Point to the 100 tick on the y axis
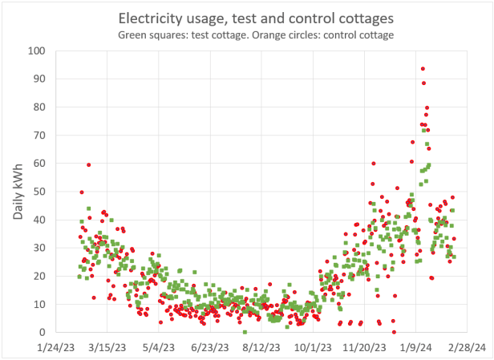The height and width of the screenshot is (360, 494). [36, 51]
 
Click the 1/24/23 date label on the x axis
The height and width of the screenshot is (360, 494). [55, 348]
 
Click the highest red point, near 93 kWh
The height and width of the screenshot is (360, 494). [423, 69]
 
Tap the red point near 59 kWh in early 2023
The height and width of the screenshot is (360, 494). [88, 165]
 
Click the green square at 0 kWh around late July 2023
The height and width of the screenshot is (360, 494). [245, 332]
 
